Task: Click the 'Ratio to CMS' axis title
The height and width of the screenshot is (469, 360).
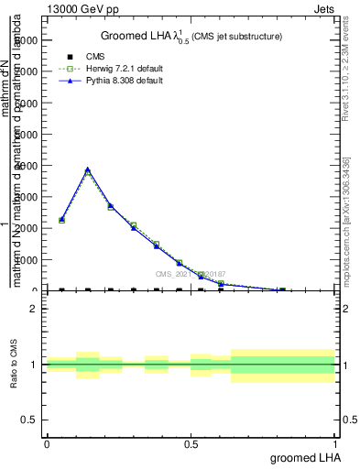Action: (x=14, y=365)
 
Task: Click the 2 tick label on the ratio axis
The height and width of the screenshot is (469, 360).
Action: (x=34, y=309)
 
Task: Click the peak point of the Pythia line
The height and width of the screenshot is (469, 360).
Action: (x=88, y=169)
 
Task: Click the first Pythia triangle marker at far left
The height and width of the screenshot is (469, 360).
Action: (x=61, y=220)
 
